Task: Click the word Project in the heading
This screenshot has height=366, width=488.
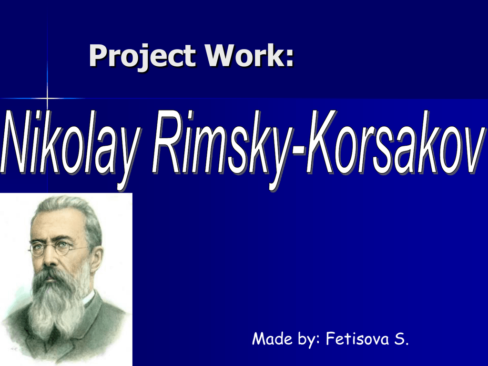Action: [142, 57]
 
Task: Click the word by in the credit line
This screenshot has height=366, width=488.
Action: [305, 339]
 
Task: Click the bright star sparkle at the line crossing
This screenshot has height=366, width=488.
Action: [48, 98]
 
